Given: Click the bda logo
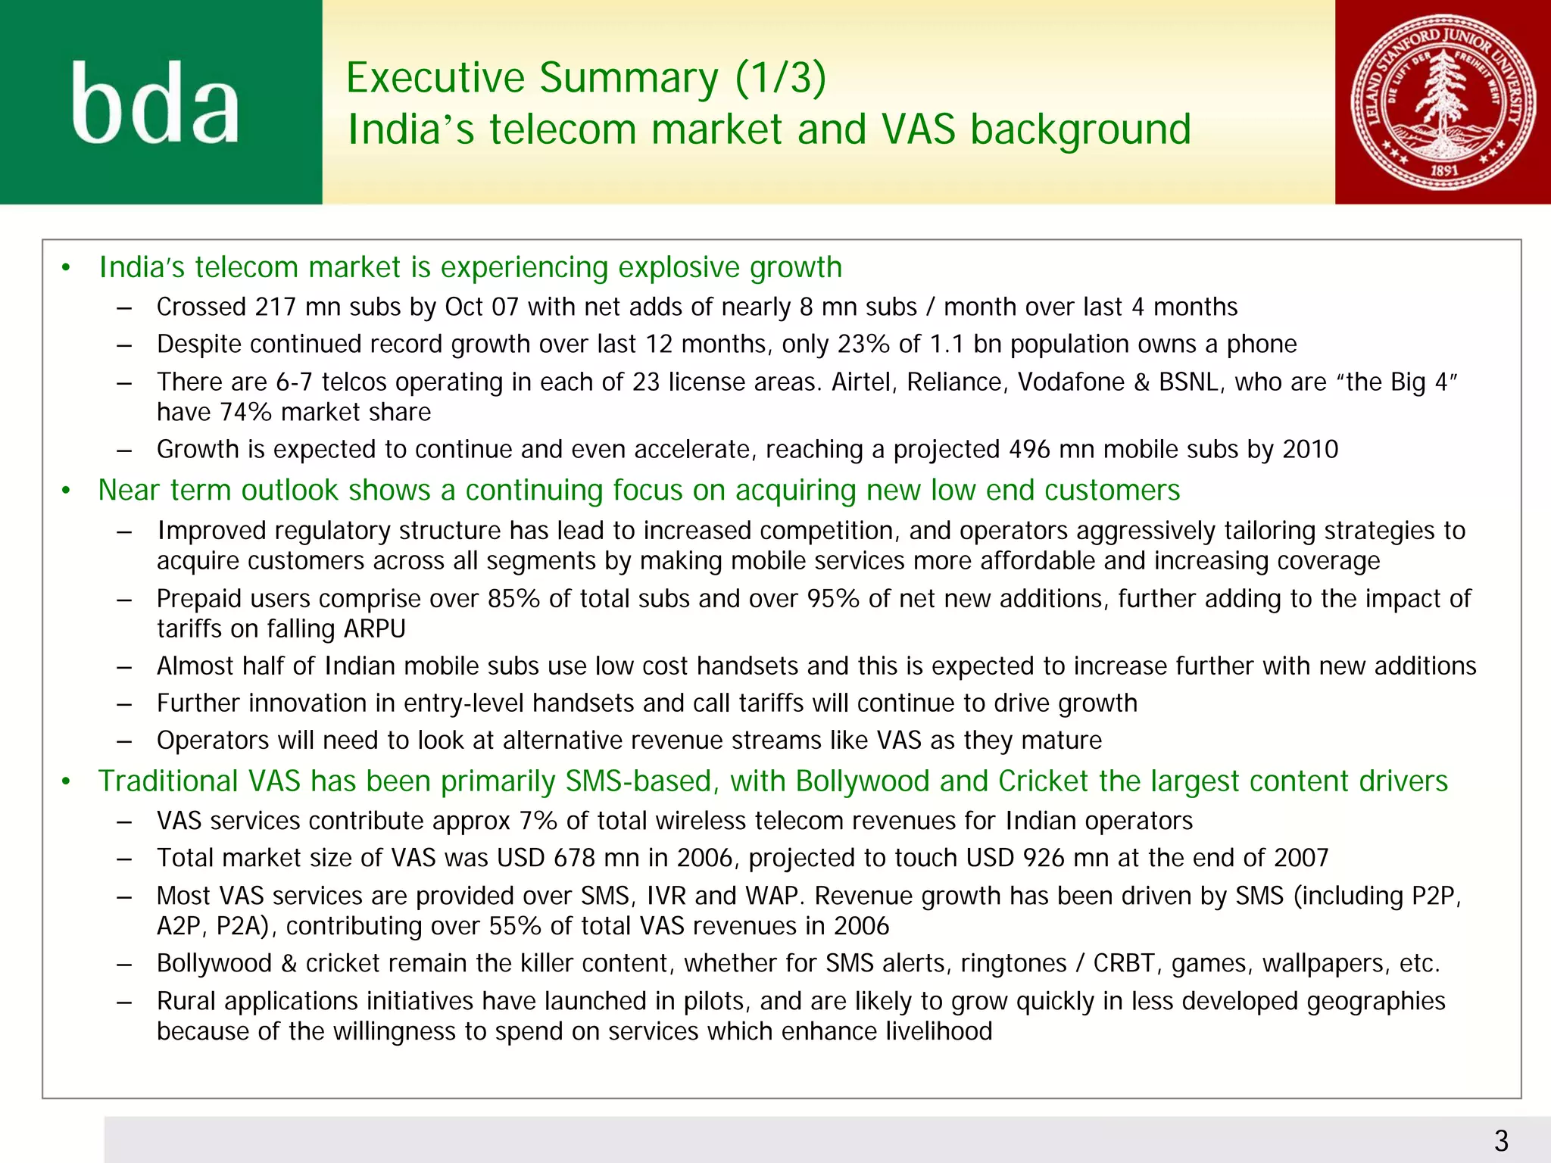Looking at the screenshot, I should pos(155,103).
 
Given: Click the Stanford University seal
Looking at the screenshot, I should pos(1443,101).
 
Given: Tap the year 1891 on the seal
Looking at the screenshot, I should pos(1444,170).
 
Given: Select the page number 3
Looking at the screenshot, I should pos(1501,1140).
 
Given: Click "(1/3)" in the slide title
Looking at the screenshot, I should pos(780,78).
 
